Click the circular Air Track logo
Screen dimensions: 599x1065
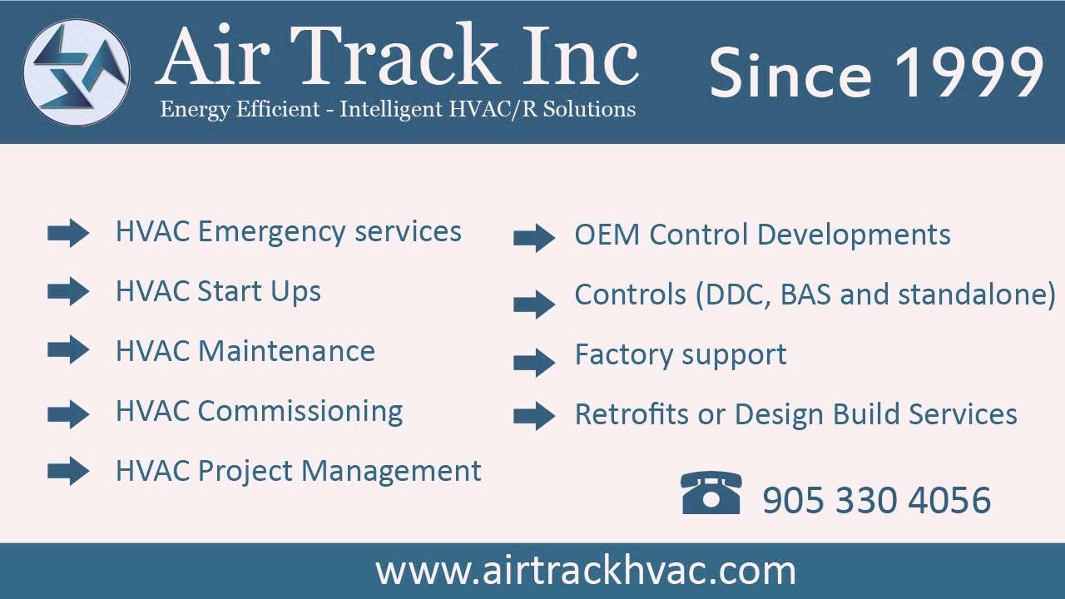(x=77, y=72)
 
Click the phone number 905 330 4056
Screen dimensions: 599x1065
(x=876, y=501)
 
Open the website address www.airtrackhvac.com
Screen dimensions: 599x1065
(x=586, y=571)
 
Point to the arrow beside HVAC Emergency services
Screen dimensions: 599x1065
(x=68, y=233)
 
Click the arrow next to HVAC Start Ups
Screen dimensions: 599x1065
(x=68, y=291)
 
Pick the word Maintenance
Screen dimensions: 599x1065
(x=286, y=351)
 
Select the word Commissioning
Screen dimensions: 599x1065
(x=300, y=412)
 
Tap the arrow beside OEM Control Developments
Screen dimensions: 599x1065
(x=534, y=238)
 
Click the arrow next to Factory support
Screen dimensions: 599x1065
(x=534, y=362)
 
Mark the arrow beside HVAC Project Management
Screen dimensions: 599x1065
(x=68, y=472)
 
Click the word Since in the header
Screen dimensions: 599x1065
(x=790, y=72)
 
